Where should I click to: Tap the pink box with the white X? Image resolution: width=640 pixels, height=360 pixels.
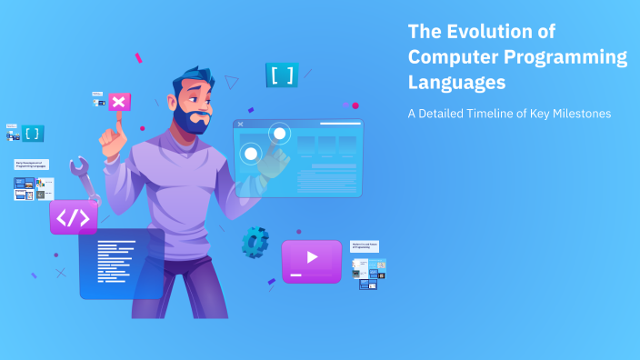(x=119, y=102)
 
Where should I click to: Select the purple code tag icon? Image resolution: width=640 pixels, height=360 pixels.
(x=74, y=218)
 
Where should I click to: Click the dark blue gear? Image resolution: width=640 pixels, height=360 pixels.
(x=255, y=242)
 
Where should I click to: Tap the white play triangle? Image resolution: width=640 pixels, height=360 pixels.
(x=312, y=257)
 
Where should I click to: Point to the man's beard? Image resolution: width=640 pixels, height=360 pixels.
(x=191, y=121)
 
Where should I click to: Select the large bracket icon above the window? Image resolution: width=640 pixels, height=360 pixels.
(x=282, y=75)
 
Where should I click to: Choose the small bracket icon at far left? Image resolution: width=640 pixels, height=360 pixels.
(x=33, y=134)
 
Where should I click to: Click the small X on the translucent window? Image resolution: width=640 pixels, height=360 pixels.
(x=240, y=125)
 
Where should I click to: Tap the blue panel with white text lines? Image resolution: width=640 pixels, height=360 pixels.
(x=121, y=264)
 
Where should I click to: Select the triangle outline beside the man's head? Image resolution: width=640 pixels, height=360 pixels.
(x=232, y=82)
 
